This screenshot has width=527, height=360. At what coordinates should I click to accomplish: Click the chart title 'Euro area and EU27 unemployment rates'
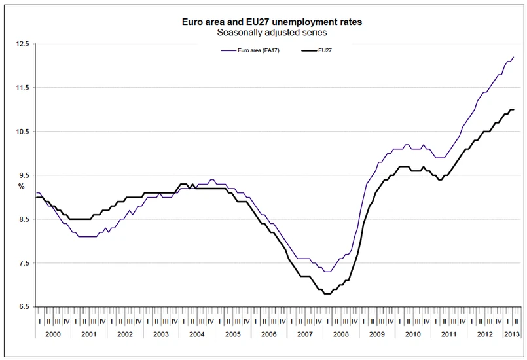(x=272, y=22)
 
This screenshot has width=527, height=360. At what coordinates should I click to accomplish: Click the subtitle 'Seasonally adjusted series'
(x=272, y=31)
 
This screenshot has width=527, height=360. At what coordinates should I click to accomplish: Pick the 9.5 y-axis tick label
(x=24, y=175)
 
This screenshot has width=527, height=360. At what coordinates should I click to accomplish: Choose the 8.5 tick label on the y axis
(x=24, y=219)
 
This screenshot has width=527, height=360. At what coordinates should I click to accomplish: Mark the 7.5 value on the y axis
(x=24, y=263)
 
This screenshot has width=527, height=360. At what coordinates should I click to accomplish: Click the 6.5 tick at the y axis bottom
(x=24, y=307)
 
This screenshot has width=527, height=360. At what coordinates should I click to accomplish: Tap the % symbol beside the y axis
(x=21, y=186)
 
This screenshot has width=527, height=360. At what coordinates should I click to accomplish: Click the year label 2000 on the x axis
(x=52, y=334)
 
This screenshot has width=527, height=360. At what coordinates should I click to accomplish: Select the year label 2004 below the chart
(x=197, y=334)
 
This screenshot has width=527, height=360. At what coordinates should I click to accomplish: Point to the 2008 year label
(x=341, y=334)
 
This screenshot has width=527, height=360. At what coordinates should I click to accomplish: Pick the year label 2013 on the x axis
(x=512, y=334)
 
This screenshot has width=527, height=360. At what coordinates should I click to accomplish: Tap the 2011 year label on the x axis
(x=449, y=334)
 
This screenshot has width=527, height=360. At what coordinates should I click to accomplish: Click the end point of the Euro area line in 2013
(x=514, y=57)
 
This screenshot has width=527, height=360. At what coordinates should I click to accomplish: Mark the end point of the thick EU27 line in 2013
(x=514, y=109)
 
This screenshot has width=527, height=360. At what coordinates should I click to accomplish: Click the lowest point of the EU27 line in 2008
(x=327, y=294)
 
